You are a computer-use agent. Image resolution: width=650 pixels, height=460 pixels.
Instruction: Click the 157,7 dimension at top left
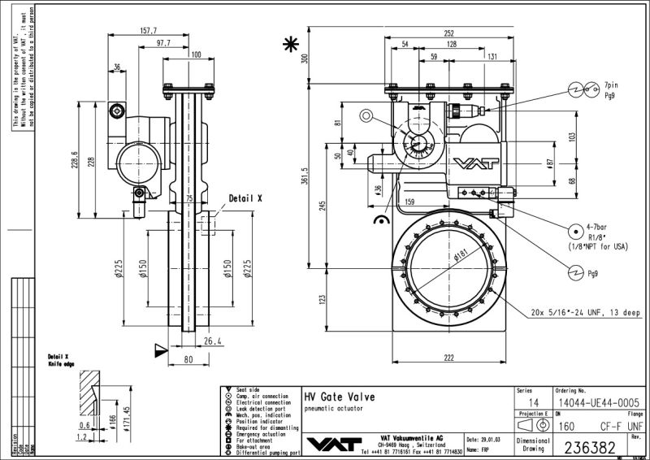(x=148, y=31)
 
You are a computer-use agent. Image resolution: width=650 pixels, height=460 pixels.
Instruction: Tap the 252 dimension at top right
(x=448, y=33)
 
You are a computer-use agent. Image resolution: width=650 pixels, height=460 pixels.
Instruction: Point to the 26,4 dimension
(x=213, y=341)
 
